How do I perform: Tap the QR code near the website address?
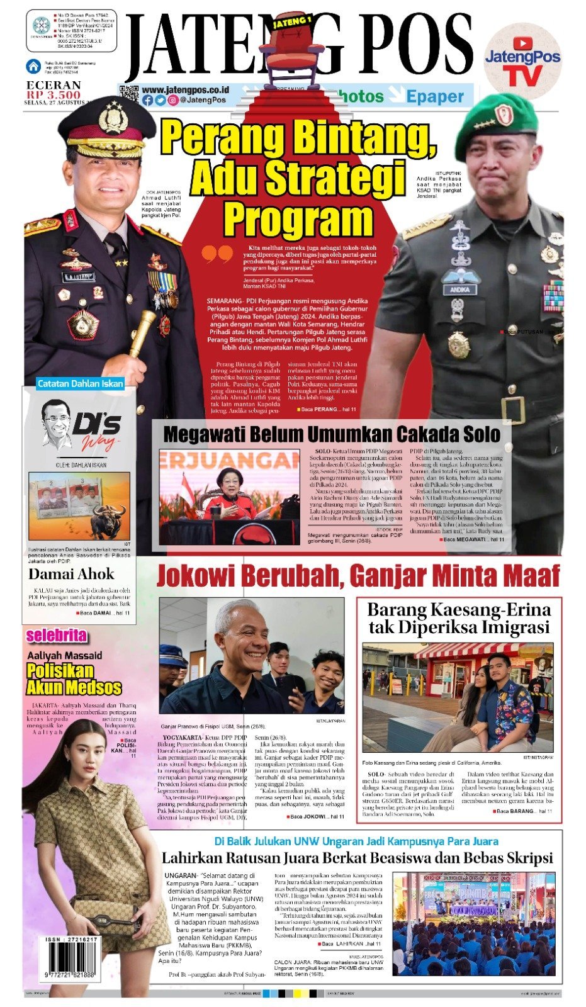point(128,94)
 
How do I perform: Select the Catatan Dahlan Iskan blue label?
point(80,383)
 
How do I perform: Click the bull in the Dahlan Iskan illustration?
point(108,520)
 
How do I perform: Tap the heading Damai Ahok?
point(71,574)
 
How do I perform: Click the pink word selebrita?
point(56,636)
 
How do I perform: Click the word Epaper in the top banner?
point(434,96)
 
